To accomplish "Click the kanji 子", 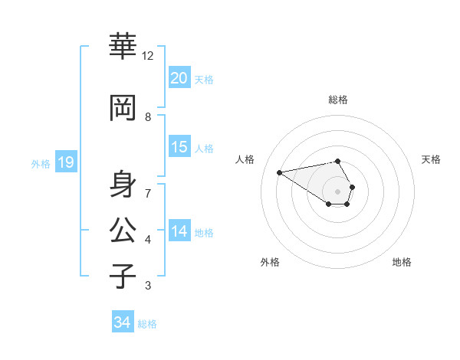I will click(123, 275).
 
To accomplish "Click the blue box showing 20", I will click(179, 77).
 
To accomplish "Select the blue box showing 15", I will click(179, 147).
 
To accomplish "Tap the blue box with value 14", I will click(179, 231).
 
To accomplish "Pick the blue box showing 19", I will click(65, 162).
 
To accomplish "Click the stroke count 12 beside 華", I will click(148, 56).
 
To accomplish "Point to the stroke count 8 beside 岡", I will click(148, 117).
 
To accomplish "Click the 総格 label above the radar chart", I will click(338, 100).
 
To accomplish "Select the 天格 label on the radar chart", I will click(432, 159).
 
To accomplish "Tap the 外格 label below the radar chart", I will click(270, 263).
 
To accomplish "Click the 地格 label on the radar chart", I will click(402, 263).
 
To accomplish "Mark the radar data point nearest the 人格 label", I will click(279, 172).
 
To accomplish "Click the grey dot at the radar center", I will click(337, 191).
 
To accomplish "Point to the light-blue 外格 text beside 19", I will click(41, 163).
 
